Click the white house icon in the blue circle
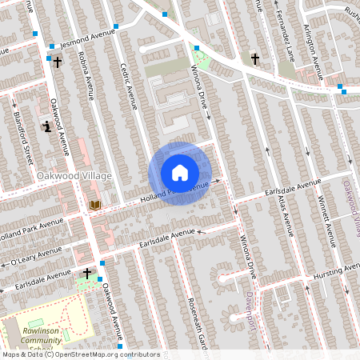(180, 173)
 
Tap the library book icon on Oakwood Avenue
(95, 206)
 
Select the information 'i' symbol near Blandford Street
(47, 126)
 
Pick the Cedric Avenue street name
(128, 86)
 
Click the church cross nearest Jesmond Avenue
(57, 62)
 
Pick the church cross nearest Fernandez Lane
(255, 59)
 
